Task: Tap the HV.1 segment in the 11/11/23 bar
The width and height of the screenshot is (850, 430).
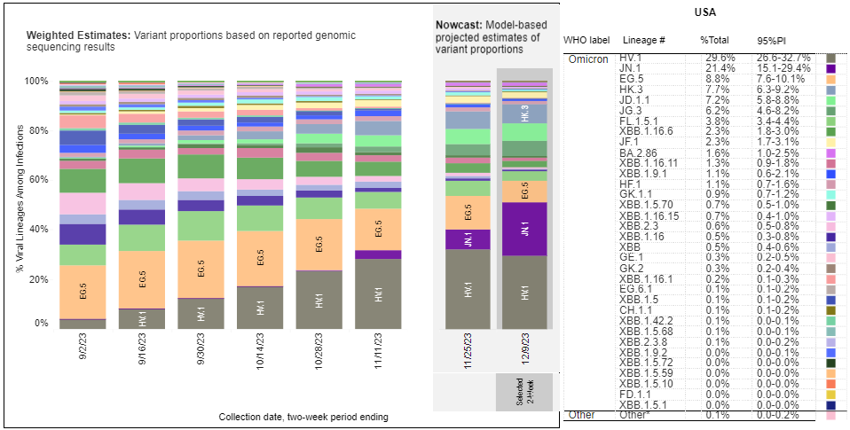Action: point(380,293)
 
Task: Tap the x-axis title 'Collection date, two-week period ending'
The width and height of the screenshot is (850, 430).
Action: point(303,417)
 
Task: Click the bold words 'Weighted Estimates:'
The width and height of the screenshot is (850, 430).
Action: point(78,35)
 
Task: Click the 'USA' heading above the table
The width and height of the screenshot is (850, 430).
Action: point(705,13)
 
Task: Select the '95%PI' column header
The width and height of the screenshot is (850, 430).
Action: point(768,41)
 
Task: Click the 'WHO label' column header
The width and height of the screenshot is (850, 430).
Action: point(587,41)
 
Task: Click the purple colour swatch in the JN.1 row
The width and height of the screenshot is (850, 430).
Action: point(830,67)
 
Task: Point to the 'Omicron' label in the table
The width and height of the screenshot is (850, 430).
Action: point(588,59)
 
